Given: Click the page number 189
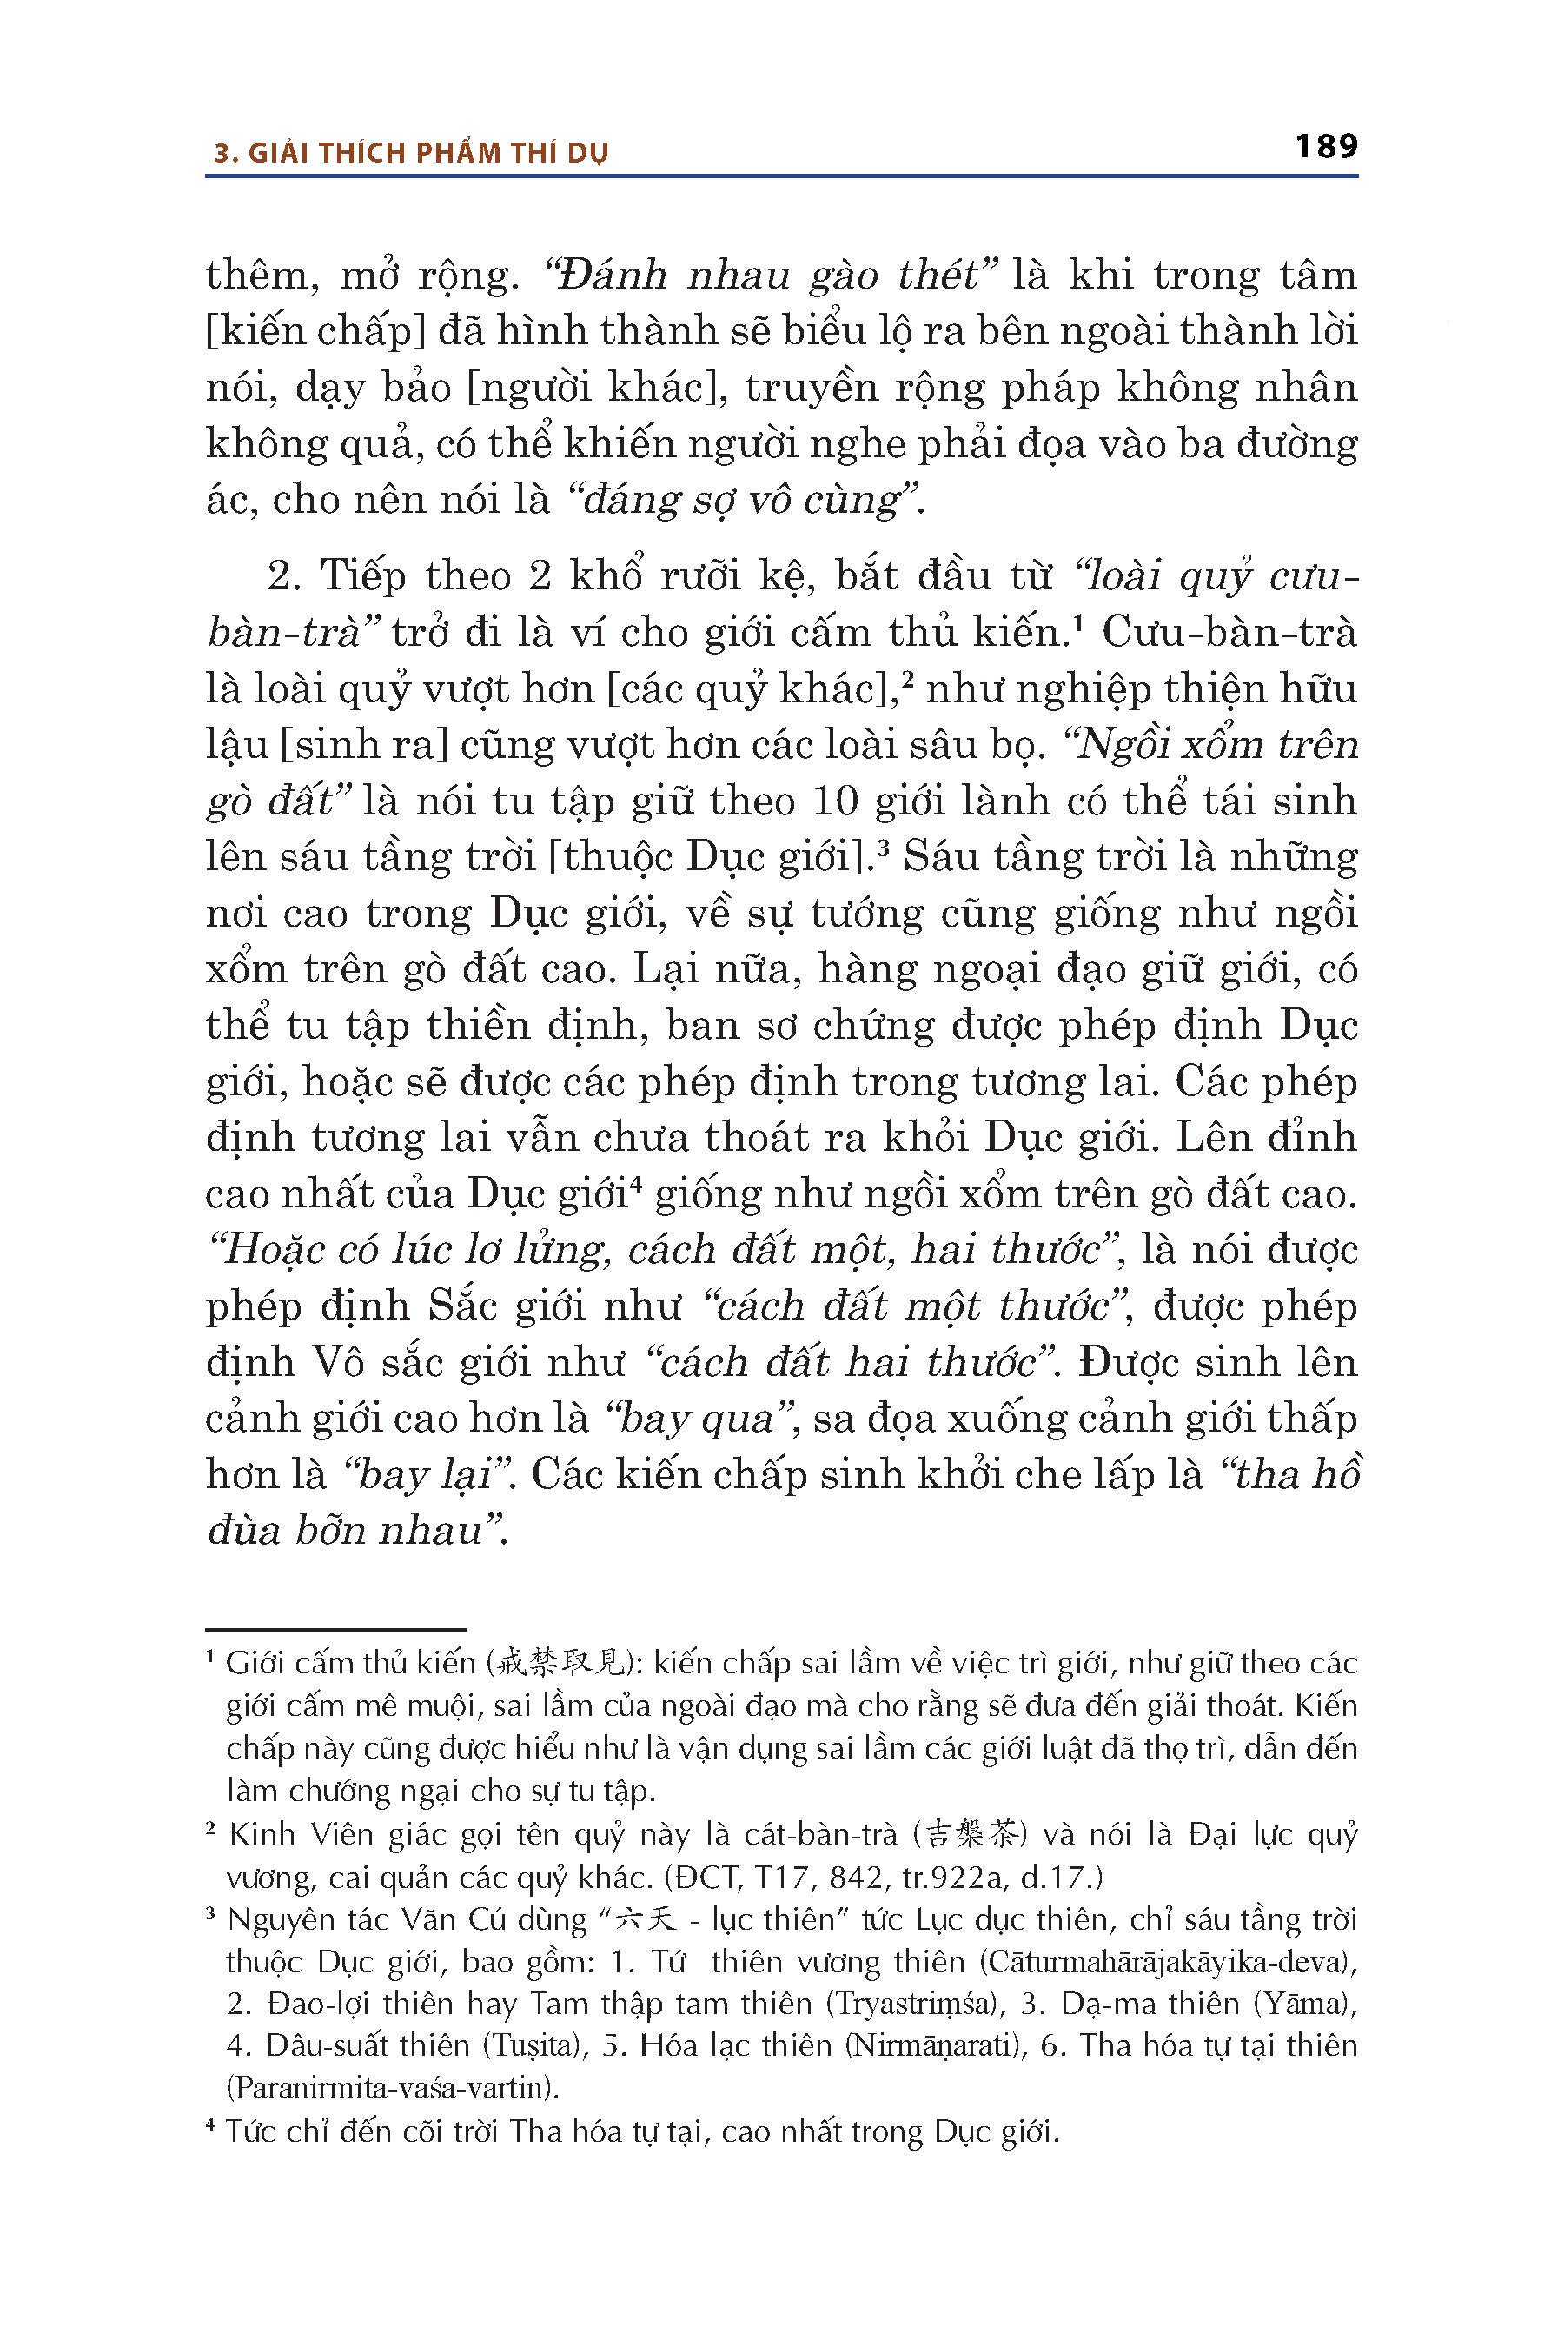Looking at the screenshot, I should (1326, 147).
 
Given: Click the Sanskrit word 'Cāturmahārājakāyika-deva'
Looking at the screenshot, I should (1168, 1962).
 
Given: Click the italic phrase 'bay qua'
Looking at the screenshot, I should (699, 1418).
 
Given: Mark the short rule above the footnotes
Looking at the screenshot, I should (335, 1630).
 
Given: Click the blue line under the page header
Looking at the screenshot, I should (781, 176).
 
